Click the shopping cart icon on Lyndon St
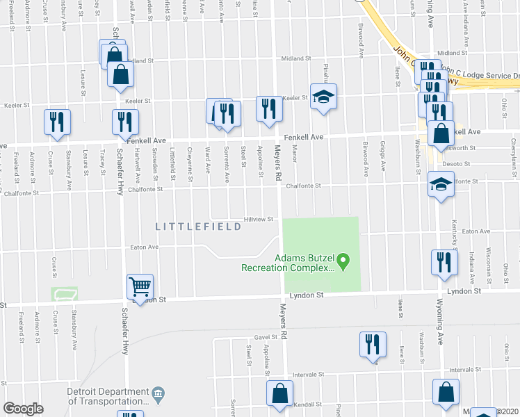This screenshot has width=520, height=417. click(x=140, y=286)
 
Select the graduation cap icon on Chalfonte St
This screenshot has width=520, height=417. click(x=440, y=186)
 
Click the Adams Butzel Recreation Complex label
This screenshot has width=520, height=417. click(x=289, y=262)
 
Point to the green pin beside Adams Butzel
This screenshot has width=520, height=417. click(x=343, y=262)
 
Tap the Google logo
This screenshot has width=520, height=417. click(x=23, y=409)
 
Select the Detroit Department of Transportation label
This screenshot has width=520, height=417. click(x=108, y=396)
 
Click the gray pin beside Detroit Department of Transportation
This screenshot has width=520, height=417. click(x=158, y=395)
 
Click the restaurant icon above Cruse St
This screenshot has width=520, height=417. click(x=56, y=121)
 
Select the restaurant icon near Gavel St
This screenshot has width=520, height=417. click(x=372, y=343)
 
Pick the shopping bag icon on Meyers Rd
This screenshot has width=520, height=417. click(x=279, y=393)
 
